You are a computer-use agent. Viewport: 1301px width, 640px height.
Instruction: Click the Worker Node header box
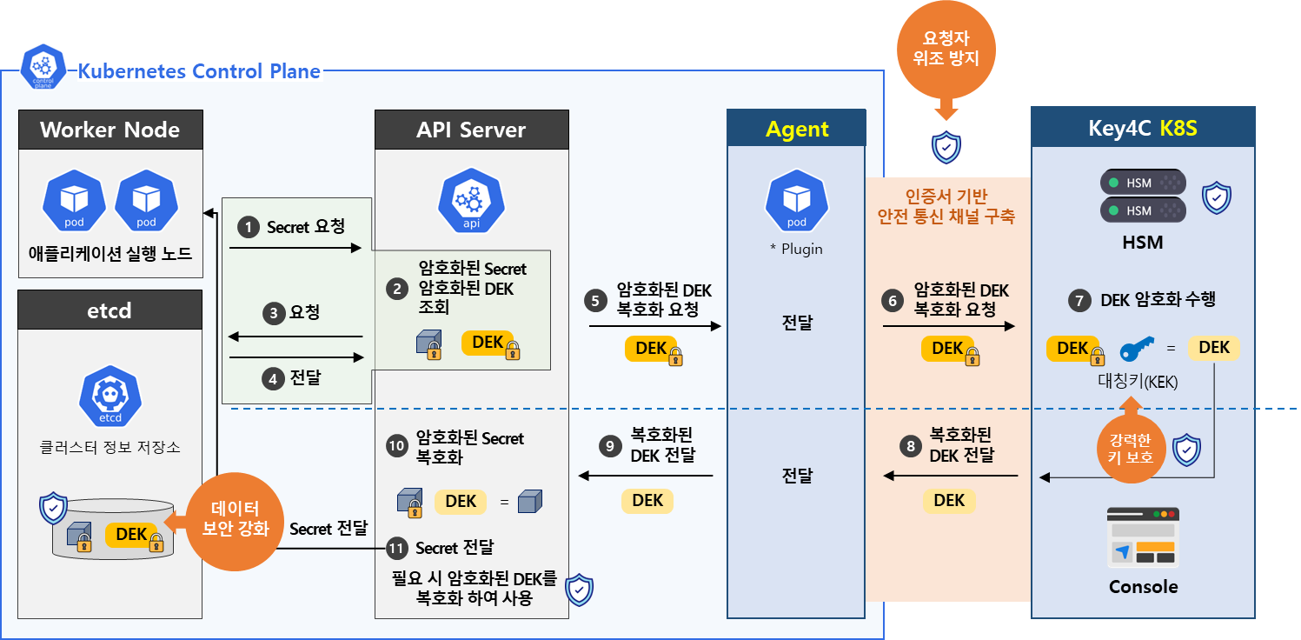click(110, 130)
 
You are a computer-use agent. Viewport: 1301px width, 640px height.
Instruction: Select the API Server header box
click(471, 130)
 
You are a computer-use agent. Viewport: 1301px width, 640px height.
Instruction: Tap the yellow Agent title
click(797, 130)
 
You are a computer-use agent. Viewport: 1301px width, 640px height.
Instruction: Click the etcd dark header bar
click(110, 310)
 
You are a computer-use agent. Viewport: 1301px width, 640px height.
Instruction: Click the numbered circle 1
click(249, 228)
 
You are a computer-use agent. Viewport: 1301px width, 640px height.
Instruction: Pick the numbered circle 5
click(595, 301)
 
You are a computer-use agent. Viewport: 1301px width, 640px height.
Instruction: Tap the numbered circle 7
click(1079, 301)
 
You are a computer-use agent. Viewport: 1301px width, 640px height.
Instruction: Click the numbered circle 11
click(396, 548)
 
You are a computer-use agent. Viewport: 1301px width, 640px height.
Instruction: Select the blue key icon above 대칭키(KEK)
click(1138, 350)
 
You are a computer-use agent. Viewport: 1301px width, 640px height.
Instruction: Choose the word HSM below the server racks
click(1142, 243)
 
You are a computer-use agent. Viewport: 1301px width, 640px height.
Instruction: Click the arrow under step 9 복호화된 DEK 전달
click(646, 476)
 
